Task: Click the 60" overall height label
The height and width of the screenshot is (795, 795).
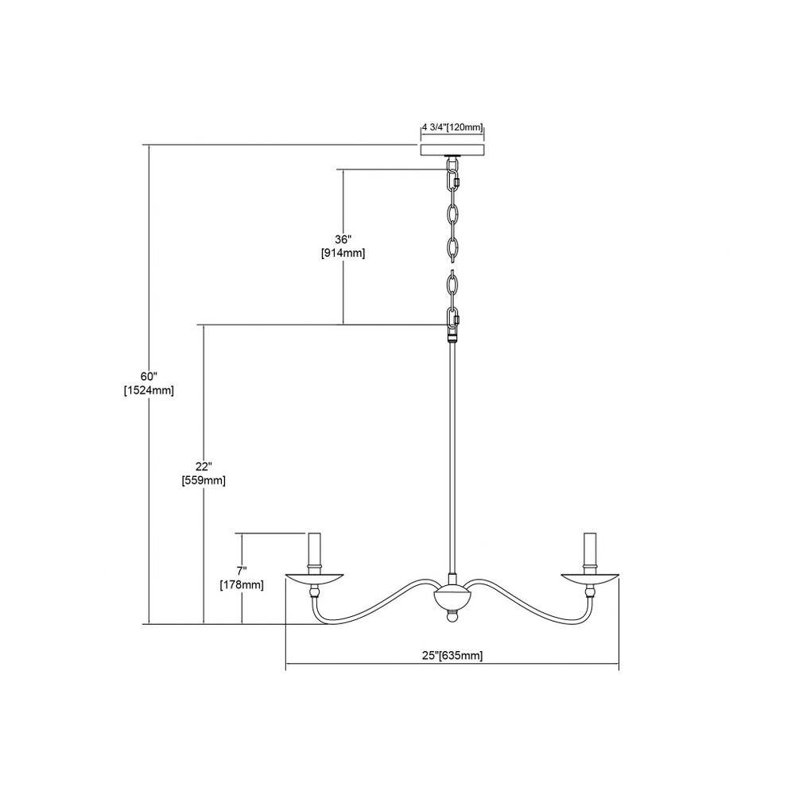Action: click(149, 377)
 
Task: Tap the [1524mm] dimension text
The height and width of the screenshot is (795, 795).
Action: click(149, 390)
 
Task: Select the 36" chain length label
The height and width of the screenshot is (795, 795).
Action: click(343, 239)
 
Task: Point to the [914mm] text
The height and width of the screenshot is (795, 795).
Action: click(343, 253)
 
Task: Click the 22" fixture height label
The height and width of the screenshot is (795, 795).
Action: click(204, 467)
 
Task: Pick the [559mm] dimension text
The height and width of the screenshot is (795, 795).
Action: click(204, 480)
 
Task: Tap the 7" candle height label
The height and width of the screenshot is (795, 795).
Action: click(242, 571)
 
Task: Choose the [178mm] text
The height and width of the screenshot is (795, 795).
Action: click(242, 584)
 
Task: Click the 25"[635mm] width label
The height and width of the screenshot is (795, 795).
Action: click(452, 656)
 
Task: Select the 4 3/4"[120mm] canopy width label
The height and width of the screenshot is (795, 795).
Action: click(452, 127)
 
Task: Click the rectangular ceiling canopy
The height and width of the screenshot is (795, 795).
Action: click(452, 150)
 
